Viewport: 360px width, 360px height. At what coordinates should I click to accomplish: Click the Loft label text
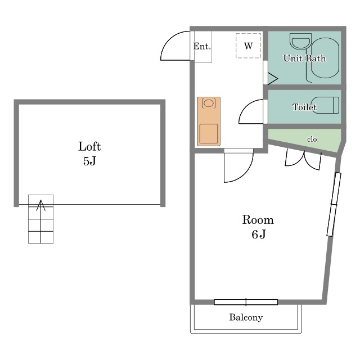[x=89, y=146]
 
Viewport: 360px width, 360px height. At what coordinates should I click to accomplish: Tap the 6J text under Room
[x=259, y=235]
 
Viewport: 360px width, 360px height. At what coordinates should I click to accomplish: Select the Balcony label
[x=246, y=317]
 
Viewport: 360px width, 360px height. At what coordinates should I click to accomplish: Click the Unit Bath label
[x=304, y=58]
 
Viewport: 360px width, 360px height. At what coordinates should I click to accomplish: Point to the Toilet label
[x=304, y=107]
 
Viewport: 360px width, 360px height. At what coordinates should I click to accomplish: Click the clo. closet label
[x=313, y=139]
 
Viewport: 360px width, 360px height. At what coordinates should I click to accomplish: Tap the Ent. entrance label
[x=202, y=46]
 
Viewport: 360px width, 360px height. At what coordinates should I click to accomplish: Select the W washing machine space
[x=249, y=46]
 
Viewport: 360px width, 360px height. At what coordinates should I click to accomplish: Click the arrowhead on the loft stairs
[x=41, y=205]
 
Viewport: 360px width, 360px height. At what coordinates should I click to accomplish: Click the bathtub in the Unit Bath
[x=325, y=57]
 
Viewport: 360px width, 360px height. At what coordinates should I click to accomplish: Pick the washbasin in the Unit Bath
[x=301, y=41]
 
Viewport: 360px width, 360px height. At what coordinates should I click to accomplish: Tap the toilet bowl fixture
[x=325, y=105]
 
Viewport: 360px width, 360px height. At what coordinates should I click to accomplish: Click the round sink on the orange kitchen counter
[x=209, y=103]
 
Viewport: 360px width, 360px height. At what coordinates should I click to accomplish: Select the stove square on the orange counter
[x=209, y=134]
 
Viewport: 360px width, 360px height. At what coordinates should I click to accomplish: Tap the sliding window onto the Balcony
[x=246, y=302]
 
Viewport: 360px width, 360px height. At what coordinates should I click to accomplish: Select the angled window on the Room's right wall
[x=334, y=204]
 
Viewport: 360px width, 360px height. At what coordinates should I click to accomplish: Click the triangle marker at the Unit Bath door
[x=272, y=79]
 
